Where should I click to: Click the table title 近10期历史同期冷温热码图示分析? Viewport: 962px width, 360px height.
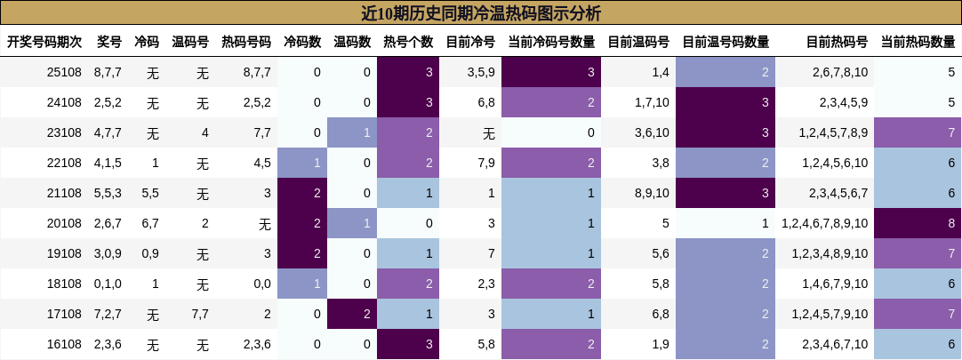pyautogui.click(x=481, y=12)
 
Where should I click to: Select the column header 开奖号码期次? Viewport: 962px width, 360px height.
pyautogui.click(x=44, y=42)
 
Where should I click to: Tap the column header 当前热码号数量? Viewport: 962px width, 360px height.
pyautogui.click(x=918, y=42)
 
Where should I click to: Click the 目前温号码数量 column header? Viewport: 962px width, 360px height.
pyautogui.click(x=726, y=42)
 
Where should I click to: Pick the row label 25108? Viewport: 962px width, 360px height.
pyautogui.click(x=64, y=72)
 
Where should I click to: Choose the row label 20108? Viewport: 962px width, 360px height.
pyautogui.click(x=64, y=223)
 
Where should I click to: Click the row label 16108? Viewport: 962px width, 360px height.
pyautogui.click(x=64, y=344)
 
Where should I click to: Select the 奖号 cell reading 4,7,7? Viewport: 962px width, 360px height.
pyautogui.click(x=108, y=132)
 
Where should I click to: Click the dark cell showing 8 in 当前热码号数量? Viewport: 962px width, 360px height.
pyautogui.click(x=918, y=223)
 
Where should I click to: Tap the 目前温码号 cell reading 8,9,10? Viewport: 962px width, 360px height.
pyautogui.click(x=652, y=193)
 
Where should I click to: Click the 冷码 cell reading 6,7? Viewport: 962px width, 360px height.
pyautogui.click(x=148, y=223)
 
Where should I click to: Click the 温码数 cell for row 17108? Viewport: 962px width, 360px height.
pyautogui.click(x=352, y=314)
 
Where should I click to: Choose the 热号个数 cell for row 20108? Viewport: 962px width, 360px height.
pyautogui.click(x=408, y=223)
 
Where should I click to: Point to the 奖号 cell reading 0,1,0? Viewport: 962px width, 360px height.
pyautogui.click(x=108, y=284)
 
